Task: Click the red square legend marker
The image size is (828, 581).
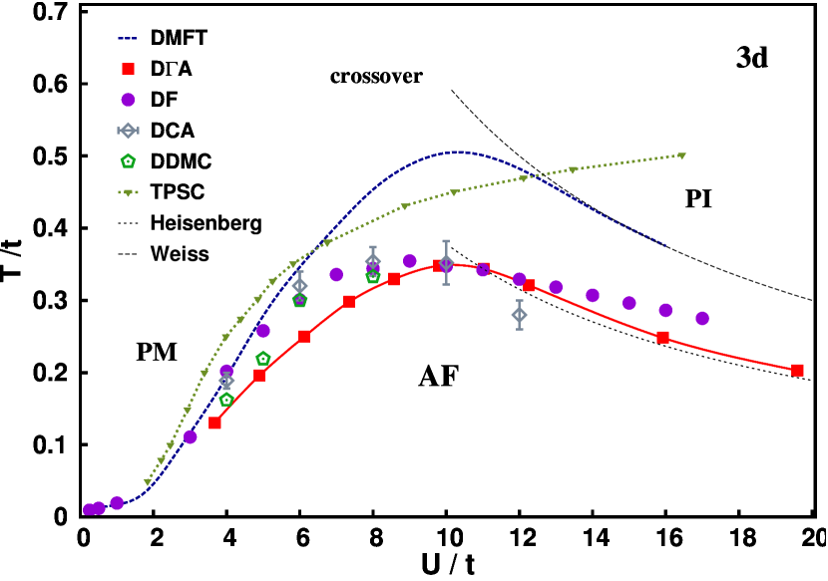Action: (128, 70)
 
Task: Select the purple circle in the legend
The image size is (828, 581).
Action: (128, 100)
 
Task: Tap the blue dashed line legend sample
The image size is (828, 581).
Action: (127, 39)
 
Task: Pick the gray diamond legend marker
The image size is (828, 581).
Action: (128, 131)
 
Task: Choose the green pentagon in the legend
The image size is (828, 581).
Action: (128, 160)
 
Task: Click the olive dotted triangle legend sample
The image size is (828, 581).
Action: (128, 192)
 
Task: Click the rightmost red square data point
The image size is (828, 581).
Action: (797, 370)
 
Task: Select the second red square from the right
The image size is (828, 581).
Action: (662, 337)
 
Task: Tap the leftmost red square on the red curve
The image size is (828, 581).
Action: (214, 424)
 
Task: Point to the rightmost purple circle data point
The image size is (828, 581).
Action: (702, 318)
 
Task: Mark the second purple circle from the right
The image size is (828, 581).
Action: (665, 310)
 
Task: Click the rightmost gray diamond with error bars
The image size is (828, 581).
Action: (519, 315)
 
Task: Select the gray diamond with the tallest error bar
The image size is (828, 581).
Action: (446, 263)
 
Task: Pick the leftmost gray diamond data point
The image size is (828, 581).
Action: (226, 380)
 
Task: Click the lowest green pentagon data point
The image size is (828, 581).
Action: (226, 400)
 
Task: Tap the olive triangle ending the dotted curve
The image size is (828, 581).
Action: (681, 155)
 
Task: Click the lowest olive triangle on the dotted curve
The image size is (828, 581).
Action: (148, 482)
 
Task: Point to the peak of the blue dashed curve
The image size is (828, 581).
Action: (459, 152)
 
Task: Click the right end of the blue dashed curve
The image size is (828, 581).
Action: (665, 245)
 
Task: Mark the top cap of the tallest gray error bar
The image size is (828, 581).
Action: (446, 241)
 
